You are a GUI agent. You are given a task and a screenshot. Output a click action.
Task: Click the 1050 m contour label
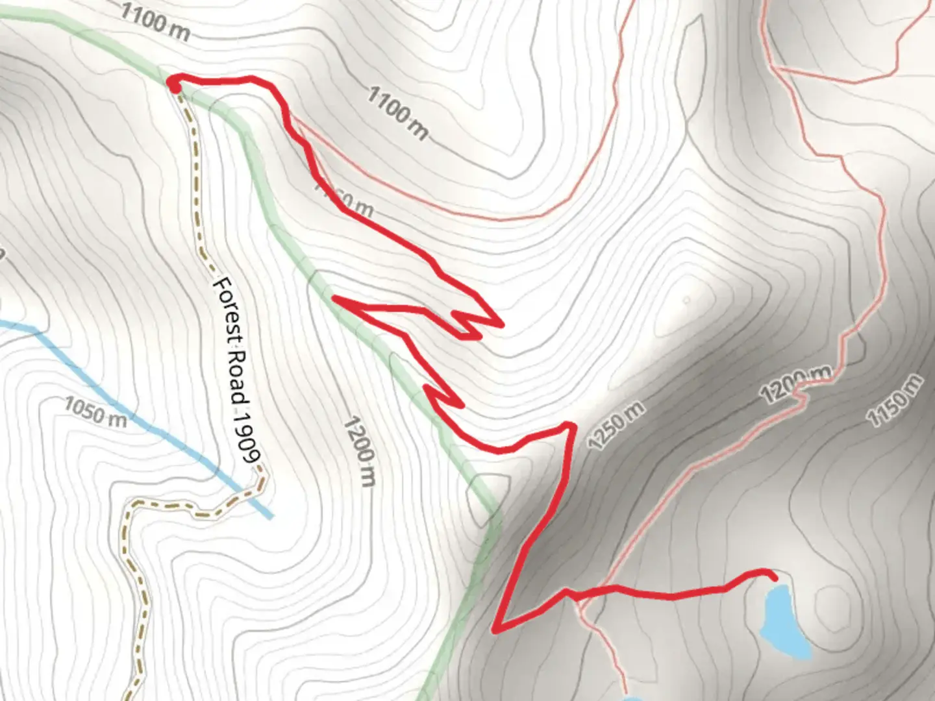tap(95, 412)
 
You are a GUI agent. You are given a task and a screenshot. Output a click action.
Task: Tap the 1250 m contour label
tap(616, 425)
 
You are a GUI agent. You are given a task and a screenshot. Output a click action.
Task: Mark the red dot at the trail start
tap(174, 84)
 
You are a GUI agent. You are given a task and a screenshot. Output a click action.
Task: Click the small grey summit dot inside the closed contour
tap(686, 300)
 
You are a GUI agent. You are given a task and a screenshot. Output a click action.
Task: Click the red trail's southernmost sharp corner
tap(496, 629)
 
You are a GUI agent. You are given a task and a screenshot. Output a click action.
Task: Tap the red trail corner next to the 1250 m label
tap(571, 426)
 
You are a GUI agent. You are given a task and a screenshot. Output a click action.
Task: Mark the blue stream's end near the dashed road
tap(269, 516)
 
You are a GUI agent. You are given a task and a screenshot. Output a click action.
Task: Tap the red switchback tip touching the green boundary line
tap(335, 298)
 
